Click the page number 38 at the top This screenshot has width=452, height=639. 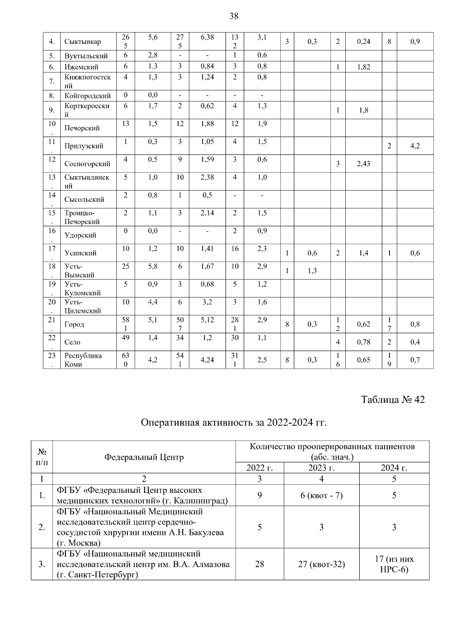point(234,16)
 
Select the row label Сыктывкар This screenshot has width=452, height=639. point(82,41)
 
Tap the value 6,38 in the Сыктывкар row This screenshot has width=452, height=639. point(207,37)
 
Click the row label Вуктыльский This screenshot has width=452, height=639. point(86,56)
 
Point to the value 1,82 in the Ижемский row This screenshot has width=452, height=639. point(363,67)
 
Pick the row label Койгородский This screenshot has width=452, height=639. point(87,96)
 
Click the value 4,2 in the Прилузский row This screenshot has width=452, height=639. point(415,146)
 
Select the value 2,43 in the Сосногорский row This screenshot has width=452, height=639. point(363,164)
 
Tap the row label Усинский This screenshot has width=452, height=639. point(80,253)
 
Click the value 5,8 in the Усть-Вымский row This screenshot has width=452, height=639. point(153,266)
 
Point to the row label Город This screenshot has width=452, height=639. point(74,324)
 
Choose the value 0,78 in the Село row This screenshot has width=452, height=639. point(363,342)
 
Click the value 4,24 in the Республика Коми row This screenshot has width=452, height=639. point(207,360)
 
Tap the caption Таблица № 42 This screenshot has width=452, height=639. point(392,400)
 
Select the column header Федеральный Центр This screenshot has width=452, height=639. point(144,457)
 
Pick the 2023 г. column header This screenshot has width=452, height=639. point(321,468)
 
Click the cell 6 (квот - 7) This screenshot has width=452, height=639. point(321,495)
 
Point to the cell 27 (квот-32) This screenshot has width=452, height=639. point(321,564)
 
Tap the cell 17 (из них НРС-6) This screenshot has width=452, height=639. point(394,564)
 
